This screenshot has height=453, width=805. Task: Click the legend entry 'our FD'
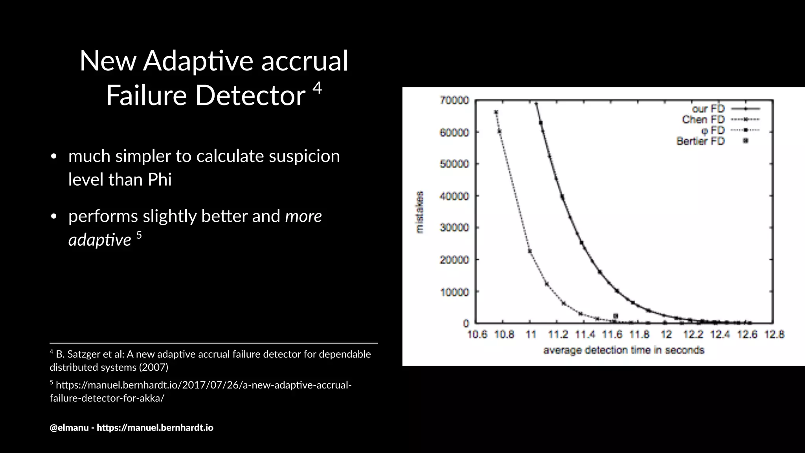tap(708, 109)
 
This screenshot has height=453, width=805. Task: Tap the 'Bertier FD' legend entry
tap(700, 141)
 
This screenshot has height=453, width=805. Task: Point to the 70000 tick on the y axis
tap(454, 101)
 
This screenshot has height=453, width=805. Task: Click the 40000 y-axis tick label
tap(454, 196)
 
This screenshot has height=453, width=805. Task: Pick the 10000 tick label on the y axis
tap(454, 292)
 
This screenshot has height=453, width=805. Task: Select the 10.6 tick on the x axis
tap(477, 335)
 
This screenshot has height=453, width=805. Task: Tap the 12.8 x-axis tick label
tap(774, 335)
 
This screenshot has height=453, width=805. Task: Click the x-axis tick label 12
tap(666, 335)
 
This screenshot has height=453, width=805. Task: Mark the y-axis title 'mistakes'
tap(420, 212)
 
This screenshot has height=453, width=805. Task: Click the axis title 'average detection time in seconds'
tap(623, 350)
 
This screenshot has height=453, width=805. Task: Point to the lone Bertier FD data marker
tap(616, 316)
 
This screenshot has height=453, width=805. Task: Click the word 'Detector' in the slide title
tap(250, 95)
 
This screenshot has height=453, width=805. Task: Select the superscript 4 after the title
tap(317, 88)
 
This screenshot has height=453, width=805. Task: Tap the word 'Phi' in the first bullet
tap(160, 180)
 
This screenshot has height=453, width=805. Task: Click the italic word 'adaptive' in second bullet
tap(100, 240)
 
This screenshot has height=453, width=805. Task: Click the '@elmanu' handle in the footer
tap(69, 427)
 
